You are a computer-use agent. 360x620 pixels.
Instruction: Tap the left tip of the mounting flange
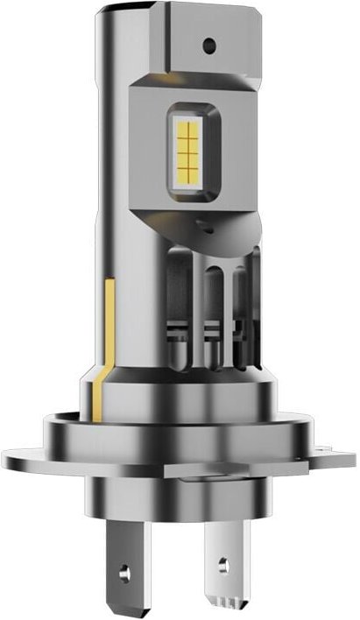pos(11,456)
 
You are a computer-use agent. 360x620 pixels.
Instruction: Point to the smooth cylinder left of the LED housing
pos(109,175)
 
